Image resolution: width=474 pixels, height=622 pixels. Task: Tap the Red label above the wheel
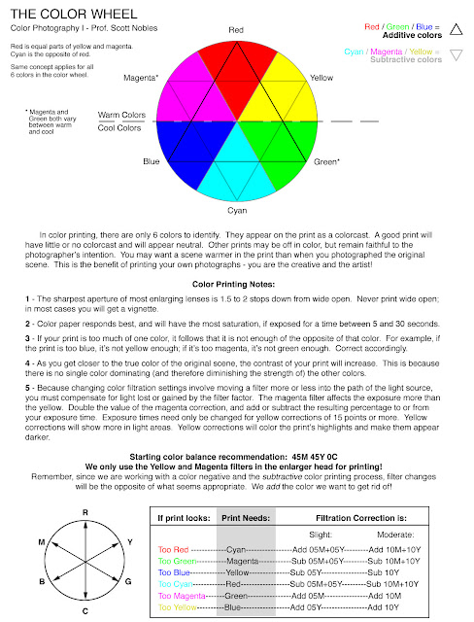(236, 30)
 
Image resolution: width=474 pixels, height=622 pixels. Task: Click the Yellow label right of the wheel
(322, 77)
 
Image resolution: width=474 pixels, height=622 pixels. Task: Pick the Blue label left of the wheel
(152, 161)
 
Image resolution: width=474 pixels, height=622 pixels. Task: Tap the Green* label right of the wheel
(326, 161)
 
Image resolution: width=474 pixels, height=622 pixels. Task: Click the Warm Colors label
(121, 115)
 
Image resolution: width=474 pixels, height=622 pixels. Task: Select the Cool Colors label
(121, 127)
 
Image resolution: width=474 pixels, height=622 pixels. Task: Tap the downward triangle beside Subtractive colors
(456, 54)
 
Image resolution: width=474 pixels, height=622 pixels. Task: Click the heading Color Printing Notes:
(236, 284)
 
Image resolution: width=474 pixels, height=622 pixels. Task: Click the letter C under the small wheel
(85, 609)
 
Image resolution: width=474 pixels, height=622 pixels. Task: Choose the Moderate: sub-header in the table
(393, 534)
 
